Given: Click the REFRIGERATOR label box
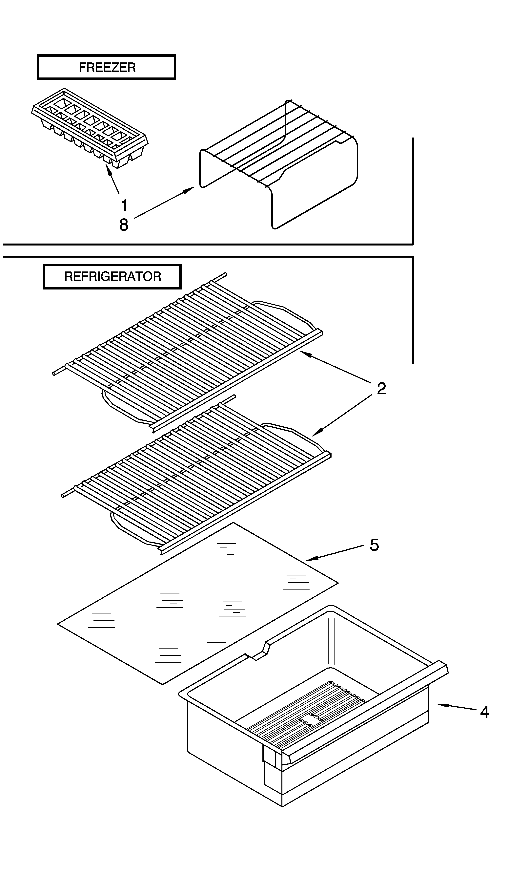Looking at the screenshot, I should [x=112, y=277].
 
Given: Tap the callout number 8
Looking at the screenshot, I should [x=124, y=225].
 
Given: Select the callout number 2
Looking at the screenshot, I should [x=381, y=389].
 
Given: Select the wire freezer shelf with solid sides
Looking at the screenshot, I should [x=278, y=163].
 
